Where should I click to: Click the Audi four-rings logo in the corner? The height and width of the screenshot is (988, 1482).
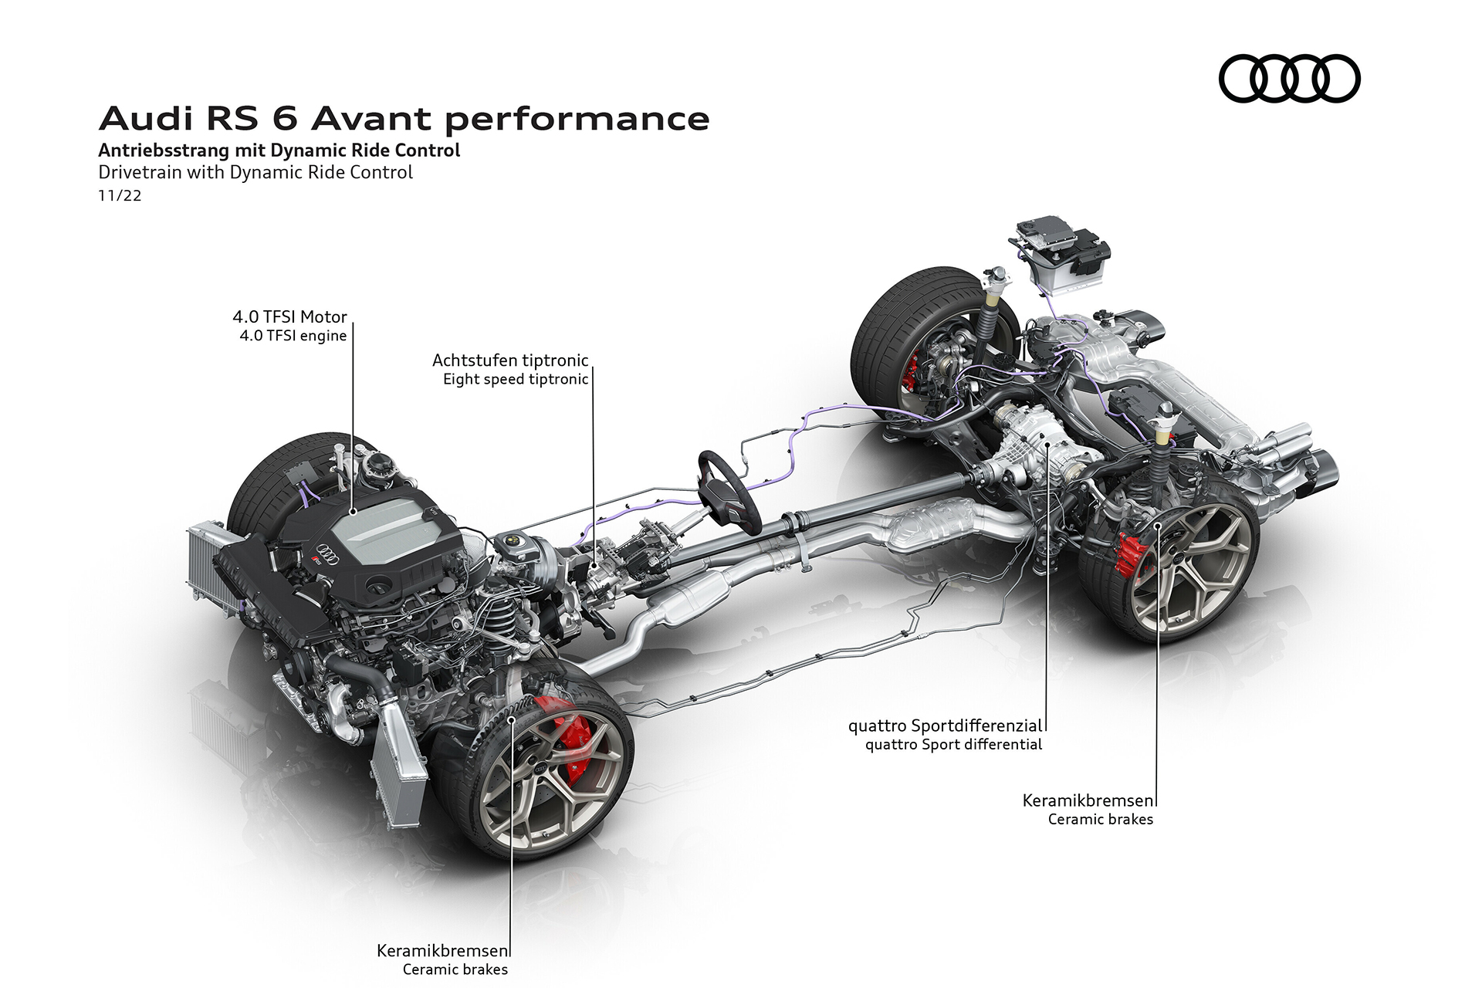1289,78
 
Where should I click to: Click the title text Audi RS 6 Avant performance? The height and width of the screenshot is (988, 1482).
404,119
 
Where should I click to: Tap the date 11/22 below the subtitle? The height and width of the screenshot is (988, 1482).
120,195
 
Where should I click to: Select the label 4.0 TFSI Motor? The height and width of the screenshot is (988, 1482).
289,316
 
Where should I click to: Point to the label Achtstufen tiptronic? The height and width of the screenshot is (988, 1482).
510,360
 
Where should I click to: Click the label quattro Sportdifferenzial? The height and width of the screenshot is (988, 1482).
945,726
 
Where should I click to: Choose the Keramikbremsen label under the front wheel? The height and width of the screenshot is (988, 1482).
442,950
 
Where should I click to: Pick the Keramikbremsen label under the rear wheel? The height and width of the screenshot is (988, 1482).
1088,800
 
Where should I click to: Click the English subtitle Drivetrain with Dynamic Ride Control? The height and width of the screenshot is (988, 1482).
255,172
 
